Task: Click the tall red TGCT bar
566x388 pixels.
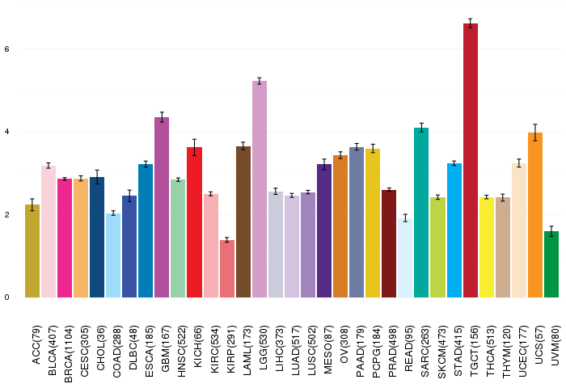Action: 471,161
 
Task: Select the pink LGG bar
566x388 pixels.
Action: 260,189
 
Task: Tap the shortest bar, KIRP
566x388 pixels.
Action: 227,269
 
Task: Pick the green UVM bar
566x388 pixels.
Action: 551,264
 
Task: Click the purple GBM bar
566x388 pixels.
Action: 162,208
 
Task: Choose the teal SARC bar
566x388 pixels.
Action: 421,213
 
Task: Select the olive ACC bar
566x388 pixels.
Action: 32,251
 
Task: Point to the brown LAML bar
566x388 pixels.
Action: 243,222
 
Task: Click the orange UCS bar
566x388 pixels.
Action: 535,215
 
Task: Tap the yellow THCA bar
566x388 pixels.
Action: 487,247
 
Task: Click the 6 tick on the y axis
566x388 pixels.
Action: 6,49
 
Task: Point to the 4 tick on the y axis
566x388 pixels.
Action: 6,132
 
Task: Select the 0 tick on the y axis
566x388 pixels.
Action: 6,297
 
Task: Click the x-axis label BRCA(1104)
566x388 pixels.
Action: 68,354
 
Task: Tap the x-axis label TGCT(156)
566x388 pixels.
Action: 474,351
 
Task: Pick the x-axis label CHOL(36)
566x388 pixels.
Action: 101,348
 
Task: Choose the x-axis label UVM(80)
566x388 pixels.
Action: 555,345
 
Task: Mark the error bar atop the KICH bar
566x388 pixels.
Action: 195,147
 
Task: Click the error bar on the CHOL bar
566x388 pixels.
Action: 97,177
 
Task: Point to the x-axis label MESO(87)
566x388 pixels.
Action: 327,349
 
